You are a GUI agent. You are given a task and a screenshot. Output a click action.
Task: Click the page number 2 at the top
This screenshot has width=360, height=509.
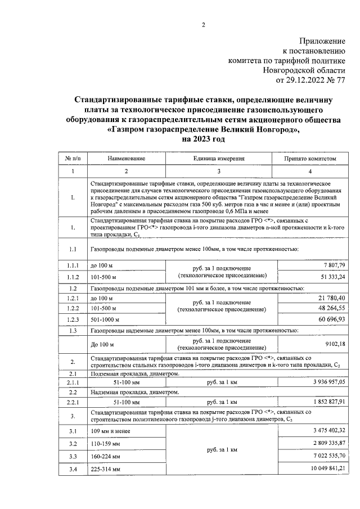(x=204, y=24)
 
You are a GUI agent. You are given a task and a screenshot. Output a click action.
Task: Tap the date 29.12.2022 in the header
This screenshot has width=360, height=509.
(x=304, y=80)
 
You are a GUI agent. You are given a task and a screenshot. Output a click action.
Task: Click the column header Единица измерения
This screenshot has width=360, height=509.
(x=220, y=159)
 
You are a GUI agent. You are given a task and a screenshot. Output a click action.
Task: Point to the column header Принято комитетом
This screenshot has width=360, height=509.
(x=311, y=159)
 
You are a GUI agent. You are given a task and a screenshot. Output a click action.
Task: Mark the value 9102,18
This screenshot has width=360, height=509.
(x=334, y=344)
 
